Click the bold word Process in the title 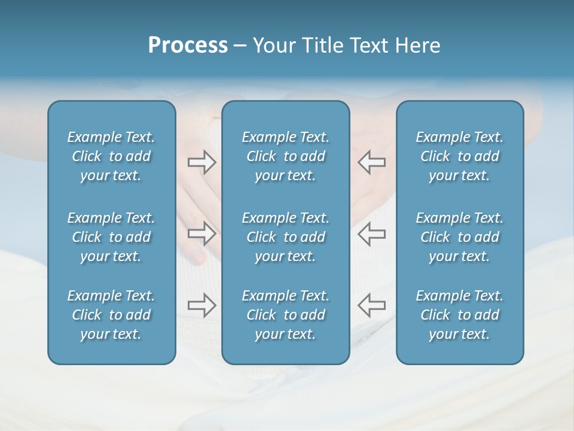[188, 45]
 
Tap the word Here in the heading [416, 45]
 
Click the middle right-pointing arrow [201, 233]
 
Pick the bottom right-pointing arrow [201, 305]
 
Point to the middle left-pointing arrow [371, 233]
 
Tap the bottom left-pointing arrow [371, 305]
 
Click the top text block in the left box [111, 156]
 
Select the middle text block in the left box [111, 237]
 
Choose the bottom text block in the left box [111, 315]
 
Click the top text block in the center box [285, 156]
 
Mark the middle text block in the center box [285, 237]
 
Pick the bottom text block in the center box [285, 315]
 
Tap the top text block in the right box [459, 156]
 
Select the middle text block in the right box [459, 237]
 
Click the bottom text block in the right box [459, 315]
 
